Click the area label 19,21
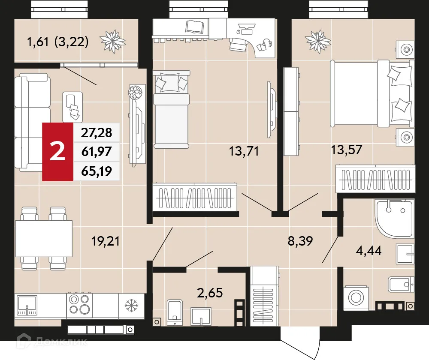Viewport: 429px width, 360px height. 106,241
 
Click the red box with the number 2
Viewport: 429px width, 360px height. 57,152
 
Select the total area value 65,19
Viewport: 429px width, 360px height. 97,171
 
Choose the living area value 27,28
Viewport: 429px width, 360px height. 97,133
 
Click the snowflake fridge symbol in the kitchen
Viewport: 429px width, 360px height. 130,306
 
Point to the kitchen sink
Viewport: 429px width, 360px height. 27,305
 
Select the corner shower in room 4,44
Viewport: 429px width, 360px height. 393,219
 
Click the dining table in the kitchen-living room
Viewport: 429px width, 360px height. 43,238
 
